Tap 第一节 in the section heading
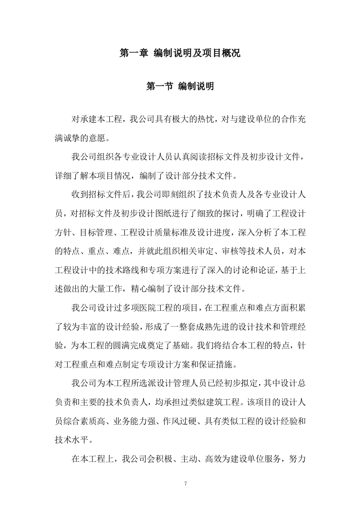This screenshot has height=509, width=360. click(x=159, y=86)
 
